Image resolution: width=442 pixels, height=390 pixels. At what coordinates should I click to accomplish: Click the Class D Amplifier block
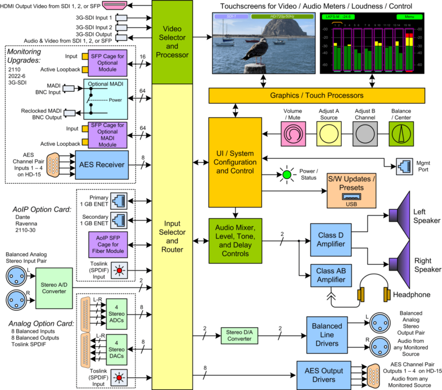[331, 239]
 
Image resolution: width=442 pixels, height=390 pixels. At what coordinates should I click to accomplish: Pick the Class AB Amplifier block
[331, 278]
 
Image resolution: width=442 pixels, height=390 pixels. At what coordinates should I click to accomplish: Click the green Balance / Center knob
[403, 135]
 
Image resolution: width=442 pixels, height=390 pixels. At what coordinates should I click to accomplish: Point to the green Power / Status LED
[287, 175]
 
